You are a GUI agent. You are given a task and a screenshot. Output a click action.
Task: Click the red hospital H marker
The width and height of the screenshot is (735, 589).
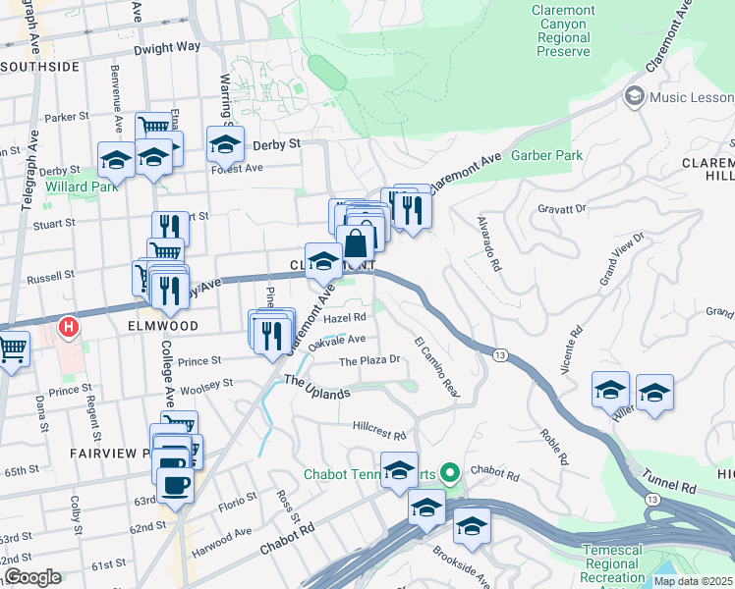pyautogui.click(x=69, y=326)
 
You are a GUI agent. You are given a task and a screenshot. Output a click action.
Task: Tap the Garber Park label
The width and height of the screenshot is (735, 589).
pyautogui.click(x=548, y=155)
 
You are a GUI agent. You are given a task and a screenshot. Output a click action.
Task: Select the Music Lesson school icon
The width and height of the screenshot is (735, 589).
pyautogui.click(x=634, y=96)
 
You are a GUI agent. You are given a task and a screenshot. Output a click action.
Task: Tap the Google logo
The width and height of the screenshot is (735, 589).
pyautogui.click(x=32, y=577)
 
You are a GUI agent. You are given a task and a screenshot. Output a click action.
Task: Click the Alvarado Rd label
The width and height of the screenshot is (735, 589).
pyautogui.click(x=487, y=243)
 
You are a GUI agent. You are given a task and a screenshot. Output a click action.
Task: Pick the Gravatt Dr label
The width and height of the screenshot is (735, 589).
pyautogui.click(x=562, y=208)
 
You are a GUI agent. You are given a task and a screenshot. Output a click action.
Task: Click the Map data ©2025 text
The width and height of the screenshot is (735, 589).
pyautogui.click(x=694, y=581)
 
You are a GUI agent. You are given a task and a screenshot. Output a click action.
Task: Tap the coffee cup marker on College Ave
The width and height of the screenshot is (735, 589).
pyautogui.click(x=175, y=483)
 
